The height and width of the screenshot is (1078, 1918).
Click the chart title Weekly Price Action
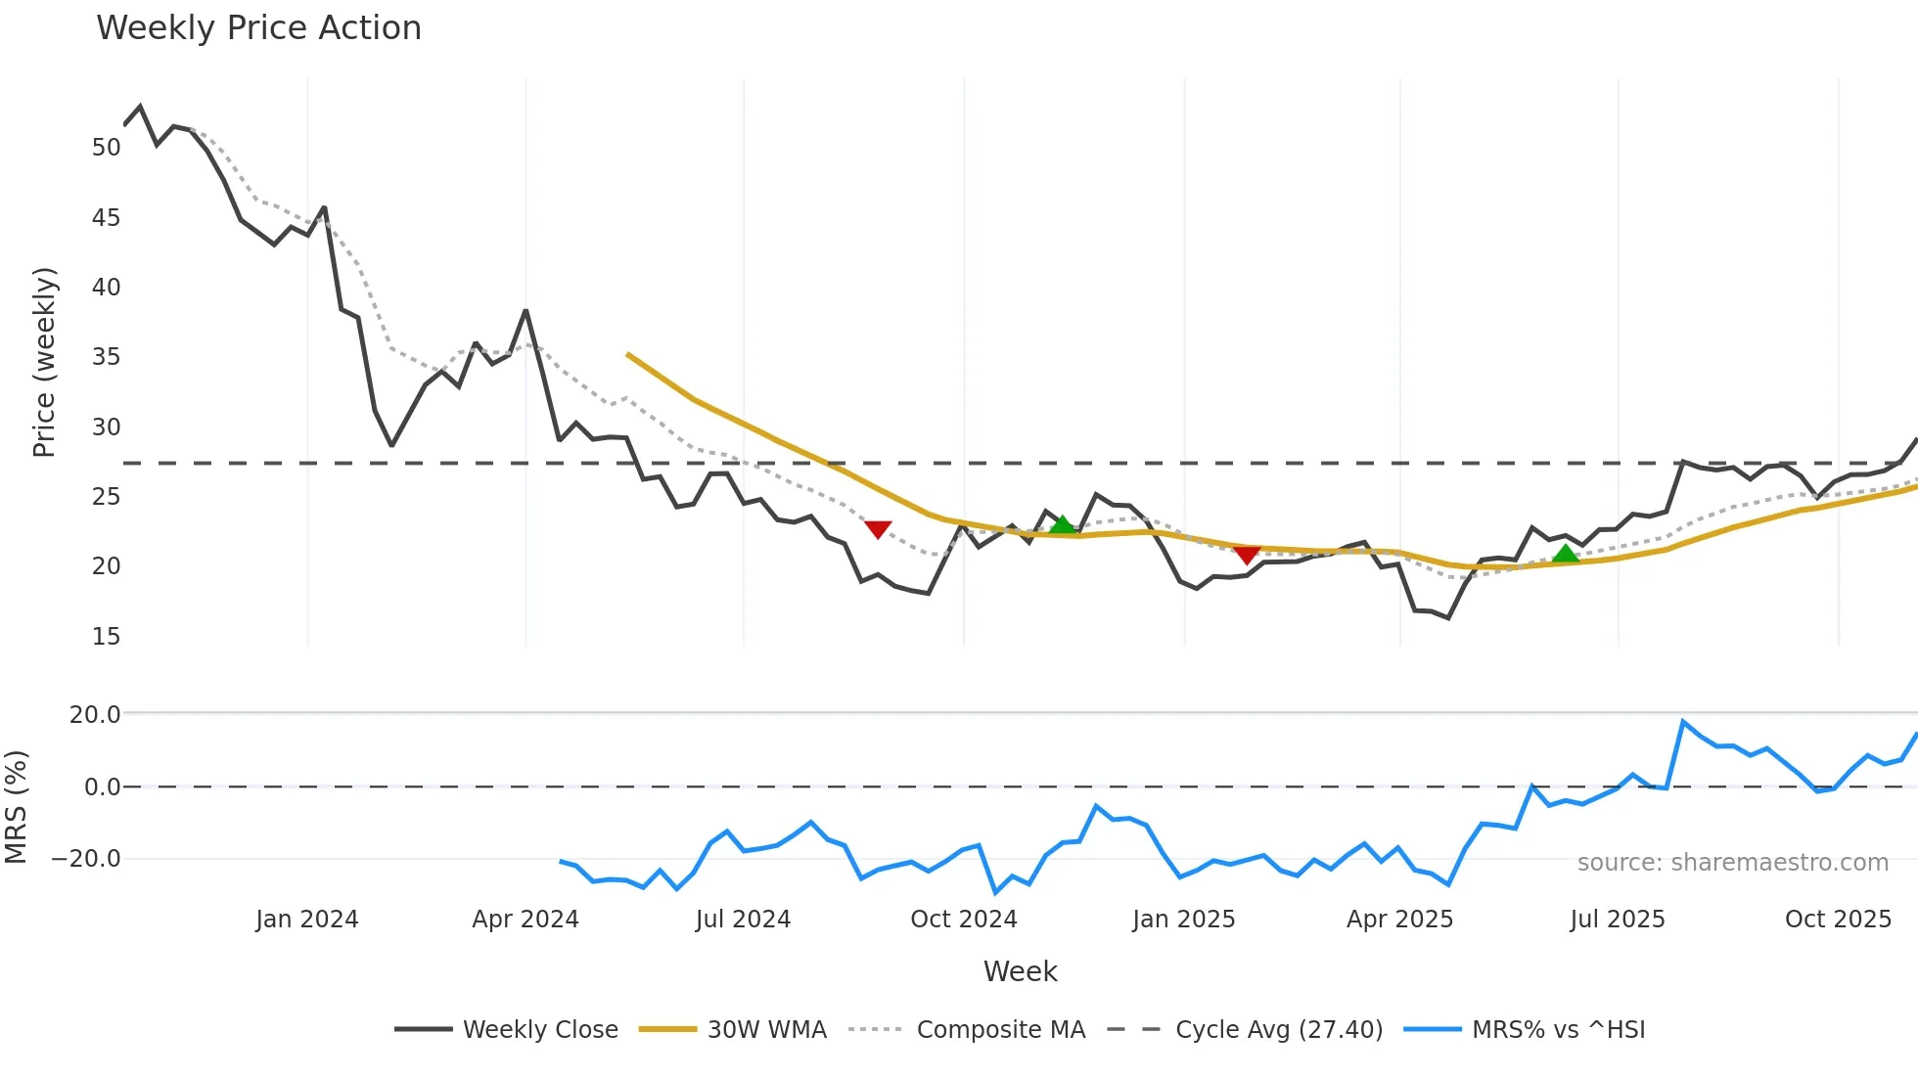(258, 28)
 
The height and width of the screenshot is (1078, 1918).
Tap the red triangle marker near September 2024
(878, 529)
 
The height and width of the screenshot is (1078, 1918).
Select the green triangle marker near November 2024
(1062, 525)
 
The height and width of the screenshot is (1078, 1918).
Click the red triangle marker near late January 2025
(1246, 555)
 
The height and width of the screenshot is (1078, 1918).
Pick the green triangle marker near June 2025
(1566, 554)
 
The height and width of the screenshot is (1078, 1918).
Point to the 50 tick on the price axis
(106, 148)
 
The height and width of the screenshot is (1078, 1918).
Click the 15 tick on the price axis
(106, 637)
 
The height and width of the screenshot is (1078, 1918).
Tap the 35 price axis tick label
(106, 357)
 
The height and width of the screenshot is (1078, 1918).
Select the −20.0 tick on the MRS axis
(86, 859)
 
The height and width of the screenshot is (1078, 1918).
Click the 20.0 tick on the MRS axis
(95, 715)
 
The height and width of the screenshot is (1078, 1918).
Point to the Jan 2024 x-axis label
(306, 920)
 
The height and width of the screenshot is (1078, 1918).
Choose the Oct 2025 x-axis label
(1838, 920)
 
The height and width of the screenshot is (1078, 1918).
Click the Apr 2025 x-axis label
(1399, 920)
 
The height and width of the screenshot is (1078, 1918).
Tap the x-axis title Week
(1020, 971)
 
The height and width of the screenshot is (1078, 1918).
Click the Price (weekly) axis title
(45, 362)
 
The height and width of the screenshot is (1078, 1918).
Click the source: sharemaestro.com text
(1732, 863)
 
